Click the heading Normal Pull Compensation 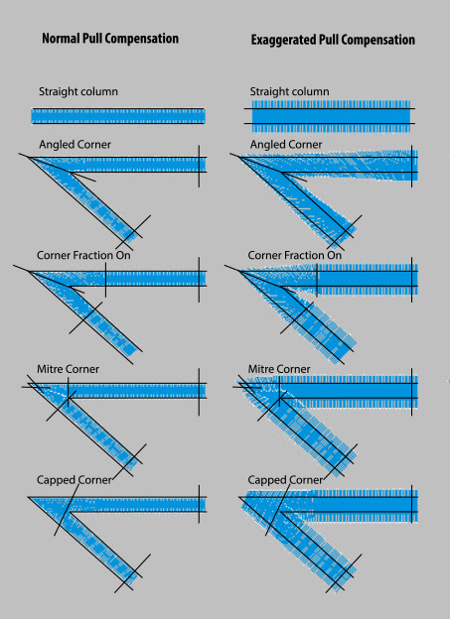[110, 39]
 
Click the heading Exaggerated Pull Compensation [333, 40]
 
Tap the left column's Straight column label [78, 91]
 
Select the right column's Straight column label [289, 91]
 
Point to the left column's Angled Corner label [75, 145]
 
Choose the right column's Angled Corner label [286, 145]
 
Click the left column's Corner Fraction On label [83, 255]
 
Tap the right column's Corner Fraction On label [295, 255]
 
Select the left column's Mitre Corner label [68, 369]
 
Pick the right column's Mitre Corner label [279, 369]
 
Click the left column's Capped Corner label [75, 480]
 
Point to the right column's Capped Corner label [285, 480]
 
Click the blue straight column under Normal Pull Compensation [118, 116]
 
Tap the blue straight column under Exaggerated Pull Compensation [331, 116]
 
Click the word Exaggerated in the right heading [279, 41]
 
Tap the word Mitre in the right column [259, 369]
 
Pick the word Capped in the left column [55, 480]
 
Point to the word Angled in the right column [267, 145]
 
